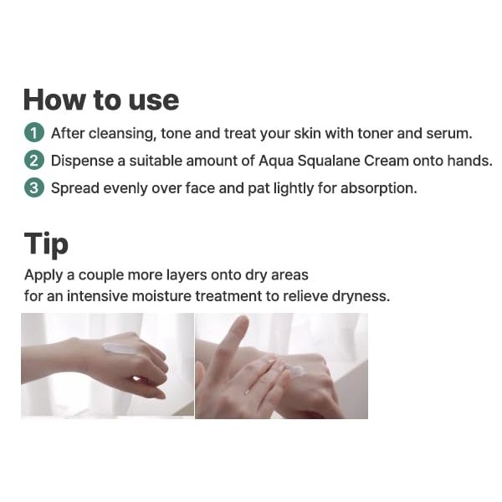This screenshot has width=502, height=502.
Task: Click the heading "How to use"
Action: tap(101, 100)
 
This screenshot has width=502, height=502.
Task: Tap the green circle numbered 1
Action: tap(34, 132)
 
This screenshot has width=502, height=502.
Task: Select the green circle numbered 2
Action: tap(34, 160)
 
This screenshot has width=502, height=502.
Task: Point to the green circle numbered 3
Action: tap(34, 187)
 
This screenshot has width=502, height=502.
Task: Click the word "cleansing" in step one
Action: tap(123, 134)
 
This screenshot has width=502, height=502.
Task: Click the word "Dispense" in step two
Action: tap(82, 161)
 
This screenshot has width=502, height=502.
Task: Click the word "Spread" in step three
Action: tap(75, 188)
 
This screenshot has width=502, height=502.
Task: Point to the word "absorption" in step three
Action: tap(379, 188)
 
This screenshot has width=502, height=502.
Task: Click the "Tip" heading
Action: tap(46, 244)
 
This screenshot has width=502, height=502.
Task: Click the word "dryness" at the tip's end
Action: tap(361, 297)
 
